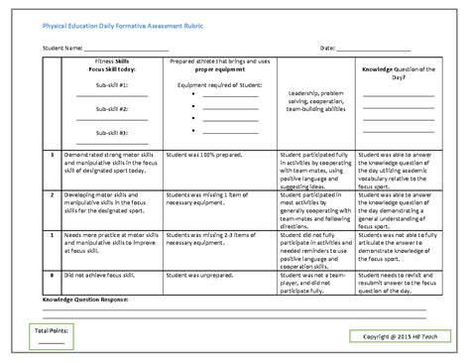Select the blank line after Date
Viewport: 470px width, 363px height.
[376, 48]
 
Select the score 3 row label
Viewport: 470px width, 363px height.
[51, 156]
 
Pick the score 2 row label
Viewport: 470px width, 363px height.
[51, 194]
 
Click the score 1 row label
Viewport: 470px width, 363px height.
[51, 233]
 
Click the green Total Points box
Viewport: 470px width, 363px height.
[51, 333]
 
